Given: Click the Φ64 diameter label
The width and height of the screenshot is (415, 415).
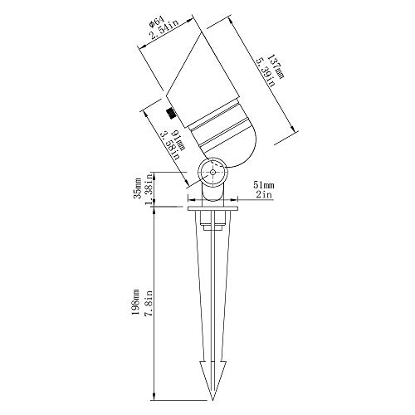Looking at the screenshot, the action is [x=157, y=22].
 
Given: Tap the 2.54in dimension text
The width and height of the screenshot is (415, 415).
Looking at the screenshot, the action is [x=164, y=30].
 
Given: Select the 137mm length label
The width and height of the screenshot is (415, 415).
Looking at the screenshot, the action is [x=276, y=66].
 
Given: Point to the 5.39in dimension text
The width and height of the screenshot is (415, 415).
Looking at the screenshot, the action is [x=265, y=72].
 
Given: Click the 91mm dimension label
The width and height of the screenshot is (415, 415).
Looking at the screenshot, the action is [x=178, y=139].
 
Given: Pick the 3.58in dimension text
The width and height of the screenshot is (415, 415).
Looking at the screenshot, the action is [x=170, y=146].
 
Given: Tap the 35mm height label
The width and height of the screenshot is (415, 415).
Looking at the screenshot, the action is [x=138, y=188].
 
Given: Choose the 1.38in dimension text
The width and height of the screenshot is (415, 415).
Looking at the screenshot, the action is [x=149, y=190].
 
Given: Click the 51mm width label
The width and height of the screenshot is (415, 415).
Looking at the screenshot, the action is [x=264, y=185].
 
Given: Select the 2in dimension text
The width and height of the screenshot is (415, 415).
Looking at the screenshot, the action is [x=264, y=195].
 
